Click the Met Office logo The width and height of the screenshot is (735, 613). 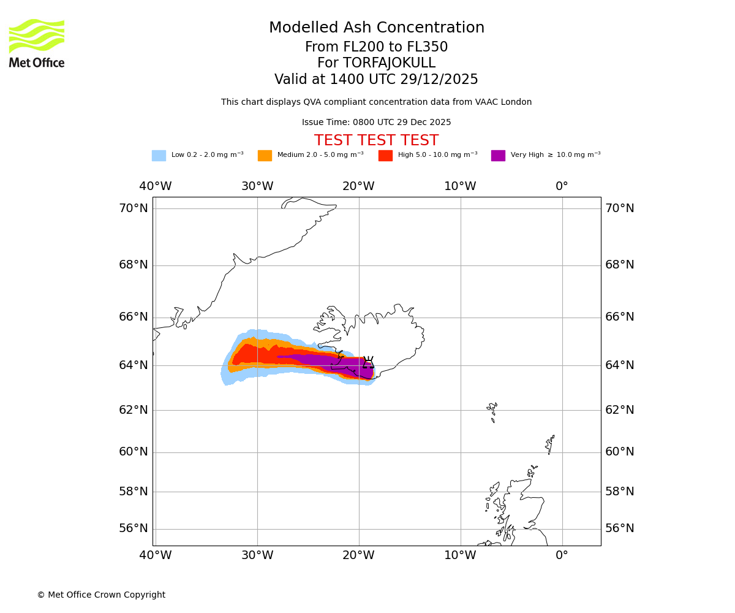[37, 43]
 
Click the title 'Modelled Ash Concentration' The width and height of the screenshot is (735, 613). [376, 28]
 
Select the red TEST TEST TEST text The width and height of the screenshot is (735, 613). [376, 141]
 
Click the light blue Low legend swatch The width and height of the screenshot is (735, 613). [159, 156]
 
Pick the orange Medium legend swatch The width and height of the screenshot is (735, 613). [265, 156]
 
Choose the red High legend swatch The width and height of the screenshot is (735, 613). [385, 156]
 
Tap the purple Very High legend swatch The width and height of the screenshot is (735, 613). [498, 156]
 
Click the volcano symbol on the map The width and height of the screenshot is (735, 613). [368, 363]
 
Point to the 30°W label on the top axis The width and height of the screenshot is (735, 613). [257, 186]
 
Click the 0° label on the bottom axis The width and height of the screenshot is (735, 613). [562, 555]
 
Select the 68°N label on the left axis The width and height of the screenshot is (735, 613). [134, 265]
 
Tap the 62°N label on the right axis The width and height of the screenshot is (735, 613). [620, 410]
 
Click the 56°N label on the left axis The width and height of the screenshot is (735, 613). [134, 528]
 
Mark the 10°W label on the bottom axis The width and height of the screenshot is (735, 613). [460, 555]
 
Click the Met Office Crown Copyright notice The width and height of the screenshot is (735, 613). [101, 595]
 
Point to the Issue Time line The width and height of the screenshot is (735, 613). [376, 123]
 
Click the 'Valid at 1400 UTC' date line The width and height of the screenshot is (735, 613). [376, 80]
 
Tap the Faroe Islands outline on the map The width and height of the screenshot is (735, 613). [492, 409]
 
